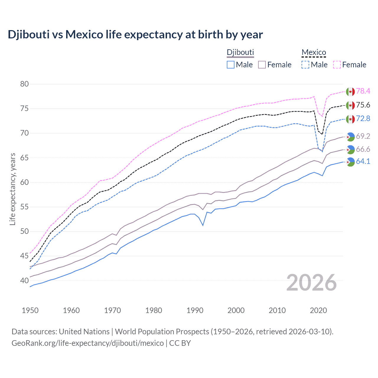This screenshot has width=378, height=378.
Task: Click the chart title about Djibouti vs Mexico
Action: (135, 35)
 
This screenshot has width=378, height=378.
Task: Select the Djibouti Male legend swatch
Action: (231, 65)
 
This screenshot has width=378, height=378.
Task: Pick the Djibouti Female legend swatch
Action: (262, 65)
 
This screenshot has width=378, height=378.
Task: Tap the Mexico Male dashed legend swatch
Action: (305, 65)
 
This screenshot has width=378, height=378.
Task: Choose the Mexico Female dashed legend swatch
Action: (337, 65)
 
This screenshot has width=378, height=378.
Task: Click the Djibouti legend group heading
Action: (240, 53)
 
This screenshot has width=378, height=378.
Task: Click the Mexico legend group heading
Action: (314, 53)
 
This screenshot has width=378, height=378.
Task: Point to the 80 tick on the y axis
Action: (25, 84)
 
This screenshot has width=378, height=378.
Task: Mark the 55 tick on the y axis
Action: (25, 207)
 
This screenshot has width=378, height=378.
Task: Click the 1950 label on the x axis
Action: (30, 310)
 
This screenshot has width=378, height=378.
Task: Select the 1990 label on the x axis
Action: (195, 310)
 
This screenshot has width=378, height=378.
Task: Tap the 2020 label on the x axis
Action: (318, 310)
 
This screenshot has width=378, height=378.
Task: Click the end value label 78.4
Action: (363, 91)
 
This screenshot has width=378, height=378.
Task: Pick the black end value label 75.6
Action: (363, 105)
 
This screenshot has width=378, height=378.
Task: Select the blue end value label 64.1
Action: (363, 162)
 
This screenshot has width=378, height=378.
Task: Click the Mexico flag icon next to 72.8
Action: (350, 119)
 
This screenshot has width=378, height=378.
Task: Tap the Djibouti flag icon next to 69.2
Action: (350, 136)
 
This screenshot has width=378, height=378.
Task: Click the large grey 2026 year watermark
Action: (312, 283)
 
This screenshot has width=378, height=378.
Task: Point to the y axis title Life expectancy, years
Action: (12, 189)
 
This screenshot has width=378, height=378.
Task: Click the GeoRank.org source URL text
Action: (88, 343)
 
